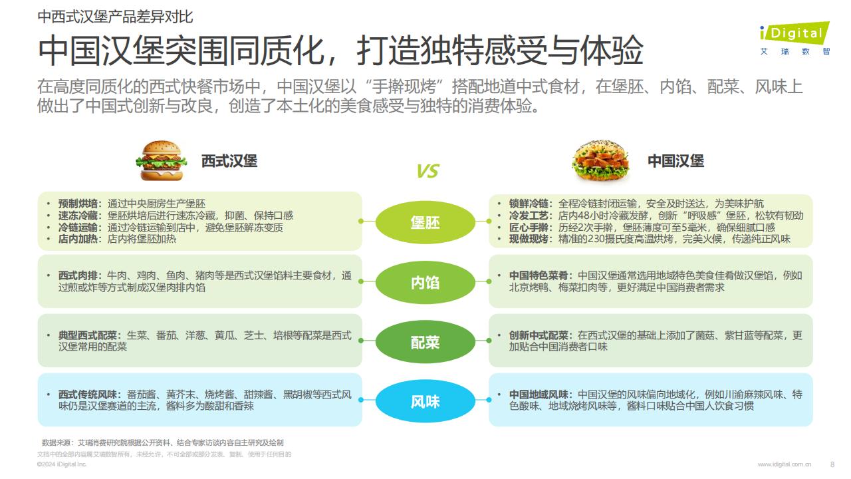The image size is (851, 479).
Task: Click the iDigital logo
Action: [794, 39]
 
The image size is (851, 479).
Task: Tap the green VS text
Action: [427, 171]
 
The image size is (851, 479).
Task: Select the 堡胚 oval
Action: [425, 222]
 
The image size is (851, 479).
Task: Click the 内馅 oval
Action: [425, 282]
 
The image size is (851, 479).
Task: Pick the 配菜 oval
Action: [425, 342]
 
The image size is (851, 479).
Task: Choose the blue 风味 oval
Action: [425, 401]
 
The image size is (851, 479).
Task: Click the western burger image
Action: [162, 160]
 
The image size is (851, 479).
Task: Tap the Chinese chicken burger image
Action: [600, 160]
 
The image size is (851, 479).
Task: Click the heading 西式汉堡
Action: [229, 161]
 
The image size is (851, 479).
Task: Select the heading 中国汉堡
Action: [676, 161]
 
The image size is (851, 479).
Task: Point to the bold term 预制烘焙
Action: [78, 204]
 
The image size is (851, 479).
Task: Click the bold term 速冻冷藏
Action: [78, 216]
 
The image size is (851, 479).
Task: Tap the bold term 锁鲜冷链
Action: [529, 204]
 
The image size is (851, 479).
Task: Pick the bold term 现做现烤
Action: [529, 239]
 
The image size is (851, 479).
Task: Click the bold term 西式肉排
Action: [78, 275]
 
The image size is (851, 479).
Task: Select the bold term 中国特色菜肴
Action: [539, 275]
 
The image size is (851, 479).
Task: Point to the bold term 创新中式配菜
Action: [539, 335]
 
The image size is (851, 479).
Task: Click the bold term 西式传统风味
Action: [88, 395]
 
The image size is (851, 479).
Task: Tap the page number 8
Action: [832, 464]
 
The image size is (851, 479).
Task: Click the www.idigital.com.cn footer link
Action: [785, 464]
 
